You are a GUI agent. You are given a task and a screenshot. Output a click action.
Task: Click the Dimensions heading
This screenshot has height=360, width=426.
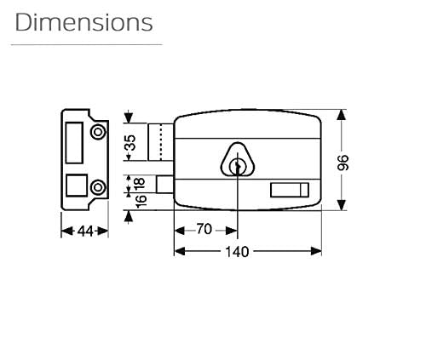pos(83,22)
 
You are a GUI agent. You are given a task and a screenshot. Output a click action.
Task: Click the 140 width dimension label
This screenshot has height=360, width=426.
pos(237,252)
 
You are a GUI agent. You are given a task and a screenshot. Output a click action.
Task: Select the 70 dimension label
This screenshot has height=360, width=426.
pos(204,229)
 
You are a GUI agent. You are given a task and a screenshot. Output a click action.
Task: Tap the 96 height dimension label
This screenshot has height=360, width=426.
pos(343,163)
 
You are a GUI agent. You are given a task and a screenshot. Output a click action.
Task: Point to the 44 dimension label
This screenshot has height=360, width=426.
pos(85,231)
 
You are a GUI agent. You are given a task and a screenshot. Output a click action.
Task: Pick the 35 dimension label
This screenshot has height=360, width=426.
pos(130,142)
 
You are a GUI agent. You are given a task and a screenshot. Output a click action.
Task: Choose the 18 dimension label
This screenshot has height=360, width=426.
pos(140,184)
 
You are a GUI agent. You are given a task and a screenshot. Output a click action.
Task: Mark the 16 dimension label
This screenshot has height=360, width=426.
pos(141,201)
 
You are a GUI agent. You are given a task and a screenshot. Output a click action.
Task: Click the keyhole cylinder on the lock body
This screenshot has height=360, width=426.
pos(238,167)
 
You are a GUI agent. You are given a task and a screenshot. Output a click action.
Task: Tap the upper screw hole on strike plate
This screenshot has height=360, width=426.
pos(98,132)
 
